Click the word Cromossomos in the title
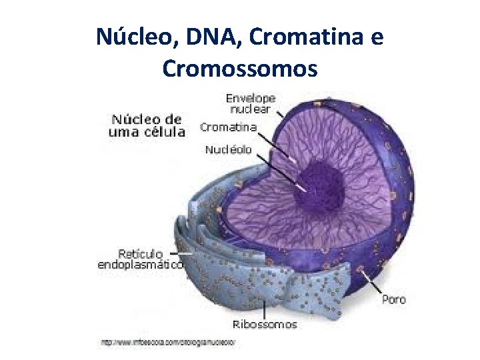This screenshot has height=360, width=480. [x=240, y=68]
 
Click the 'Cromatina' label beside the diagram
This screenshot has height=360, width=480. [x=229, y=127]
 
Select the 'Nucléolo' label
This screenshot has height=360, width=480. [x=229, y=150]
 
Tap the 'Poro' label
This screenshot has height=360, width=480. [x=393, y=300]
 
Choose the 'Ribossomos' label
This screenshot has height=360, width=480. [x=265, y=325]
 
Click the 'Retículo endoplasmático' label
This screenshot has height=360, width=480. [x=141, y=259]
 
